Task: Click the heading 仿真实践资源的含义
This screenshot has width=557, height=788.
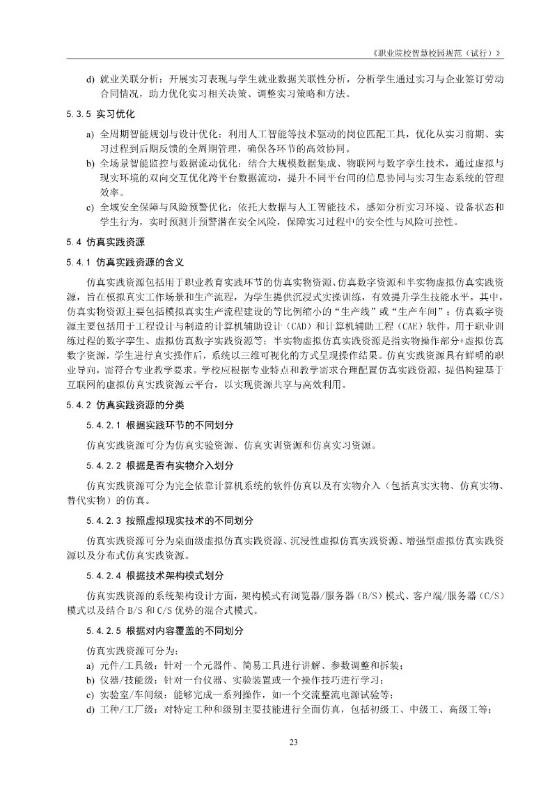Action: (139, 263)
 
